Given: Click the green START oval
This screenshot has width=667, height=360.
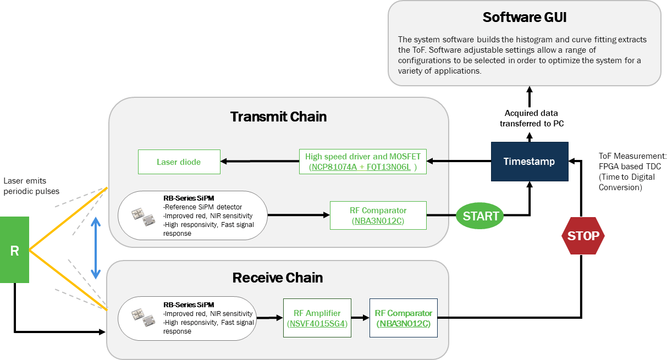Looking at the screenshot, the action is [479, 215].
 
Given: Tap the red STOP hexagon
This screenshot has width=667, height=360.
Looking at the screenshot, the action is [583, 236].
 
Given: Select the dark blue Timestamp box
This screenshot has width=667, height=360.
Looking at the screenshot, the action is [530, 162].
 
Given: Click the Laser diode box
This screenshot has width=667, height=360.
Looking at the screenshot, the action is [179, 162].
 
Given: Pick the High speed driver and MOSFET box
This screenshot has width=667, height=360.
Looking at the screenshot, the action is [363, 162].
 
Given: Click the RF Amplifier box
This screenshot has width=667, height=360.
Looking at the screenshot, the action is [317, 318].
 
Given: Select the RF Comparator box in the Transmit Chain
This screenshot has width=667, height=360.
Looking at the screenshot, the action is [378, 215].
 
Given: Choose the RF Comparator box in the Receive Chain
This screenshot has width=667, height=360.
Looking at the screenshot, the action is [404, 318].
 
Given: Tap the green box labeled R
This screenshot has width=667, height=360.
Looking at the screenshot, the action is [14, 250].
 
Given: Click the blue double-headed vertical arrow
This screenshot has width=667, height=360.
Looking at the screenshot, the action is [96, 248].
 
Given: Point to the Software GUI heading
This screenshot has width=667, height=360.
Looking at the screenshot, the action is [525, 17].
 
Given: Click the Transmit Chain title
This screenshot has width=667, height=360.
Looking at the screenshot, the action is [278, 117].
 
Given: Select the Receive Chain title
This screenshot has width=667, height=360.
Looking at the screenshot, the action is [278, 278].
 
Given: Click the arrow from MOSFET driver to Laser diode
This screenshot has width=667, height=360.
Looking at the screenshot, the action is [260, 161].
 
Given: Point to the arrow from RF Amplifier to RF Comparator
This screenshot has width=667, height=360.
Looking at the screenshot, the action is [360, 318].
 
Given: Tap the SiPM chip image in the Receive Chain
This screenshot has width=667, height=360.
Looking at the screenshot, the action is [144, 318].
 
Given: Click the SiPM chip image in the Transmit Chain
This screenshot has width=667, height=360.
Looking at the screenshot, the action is [144, 217].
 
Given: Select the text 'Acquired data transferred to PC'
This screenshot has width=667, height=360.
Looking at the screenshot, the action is [532, 118].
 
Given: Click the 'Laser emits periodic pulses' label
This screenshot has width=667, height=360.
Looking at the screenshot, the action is [31, 186].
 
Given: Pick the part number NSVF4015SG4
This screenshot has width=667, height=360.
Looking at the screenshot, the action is [317, 323].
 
